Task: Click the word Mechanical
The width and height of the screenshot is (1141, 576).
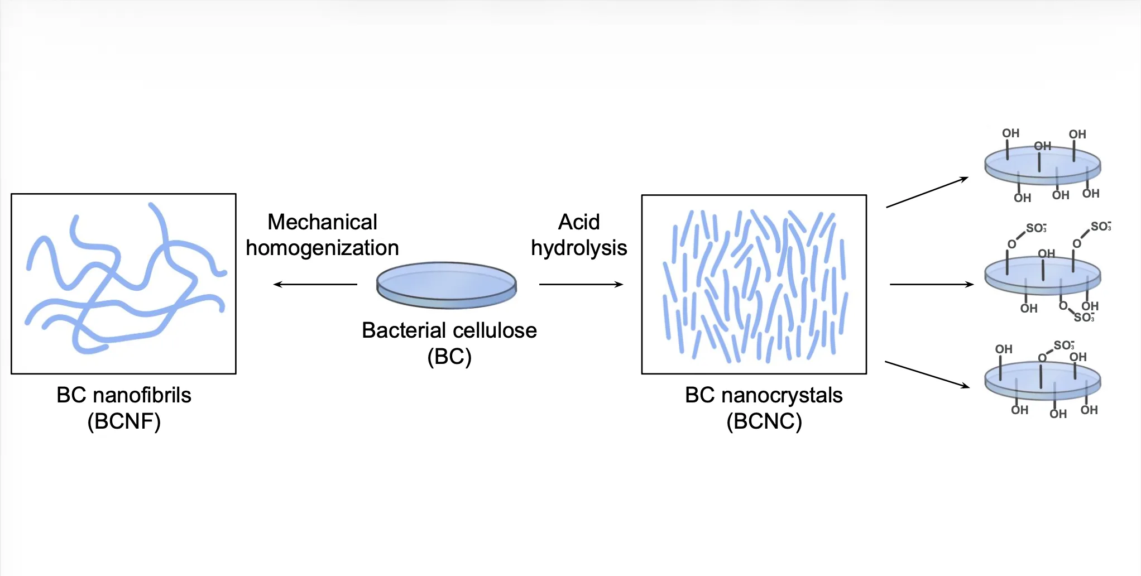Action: coord(322,222)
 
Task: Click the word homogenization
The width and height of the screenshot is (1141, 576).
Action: coord(322,248)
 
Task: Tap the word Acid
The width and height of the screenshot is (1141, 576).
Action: coord(579,222)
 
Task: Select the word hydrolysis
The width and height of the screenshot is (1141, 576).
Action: coord(579,248)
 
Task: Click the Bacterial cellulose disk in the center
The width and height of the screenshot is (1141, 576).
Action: coord(447,285)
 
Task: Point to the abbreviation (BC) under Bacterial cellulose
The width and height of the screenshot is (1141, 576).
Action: coord(449,356)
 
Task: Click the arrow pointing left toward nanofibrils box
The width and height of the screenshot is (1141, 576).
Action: coord(315,285)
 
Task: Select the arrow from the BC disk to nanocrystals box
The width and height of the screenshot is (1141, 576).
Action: coord(581,285)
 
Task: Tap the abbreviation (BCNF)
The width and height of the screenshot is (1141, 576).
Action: coord(124,421)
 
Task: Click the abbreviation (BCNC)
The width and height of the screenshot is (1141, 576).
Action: coord(764,421)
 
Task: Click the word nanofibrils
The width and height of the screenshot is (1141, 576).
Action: coord(142,395)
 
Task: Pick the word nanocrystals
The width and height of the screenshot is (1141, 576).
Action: coord(782,395)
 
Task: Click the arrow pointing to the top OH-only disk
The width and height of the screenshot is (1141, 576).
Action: coord(927,193)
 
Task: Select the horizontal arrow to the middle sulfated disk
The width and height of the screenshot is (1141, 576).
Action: coord(932,285)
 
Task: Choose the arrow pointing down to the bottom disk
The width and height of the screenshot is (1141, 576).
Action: coord(927,375)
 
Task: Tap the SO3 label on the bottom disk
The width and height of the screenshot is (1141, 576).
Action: coord(1064,345)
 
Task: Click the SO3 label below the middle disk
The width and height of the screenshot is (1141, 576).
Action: coord(1084,318)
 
